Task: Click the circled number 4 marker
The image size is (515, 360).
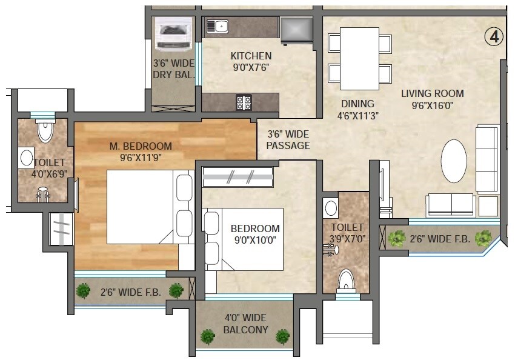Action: point(494,37)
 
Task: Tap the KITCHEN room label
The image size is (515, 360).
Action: point(251,56)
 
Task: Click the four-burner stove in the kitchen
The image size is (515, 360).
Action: point(244,103)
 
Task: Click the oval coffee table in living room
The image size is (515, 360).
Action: point(454,161)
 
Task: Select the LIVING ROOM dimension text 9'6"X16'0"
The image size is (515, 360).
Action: point(433,105)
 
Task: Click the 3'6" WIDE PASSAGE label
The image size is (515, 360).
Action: point(289,140)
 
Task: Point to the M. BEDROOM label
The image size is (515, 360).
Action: point(141,146)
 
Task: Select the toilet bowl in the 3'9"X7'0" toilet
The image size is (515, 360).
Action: point(345,280)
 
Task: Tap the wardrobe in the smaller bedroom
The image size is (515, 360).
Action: point(237,177)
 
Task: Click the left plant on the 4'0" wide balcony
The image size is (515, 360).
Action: point(208,336)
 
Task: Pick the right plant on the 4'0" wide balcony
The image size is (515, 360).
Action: point(282,336)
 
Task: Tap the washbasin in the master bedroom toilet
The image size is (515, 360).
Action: point(27,158)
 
